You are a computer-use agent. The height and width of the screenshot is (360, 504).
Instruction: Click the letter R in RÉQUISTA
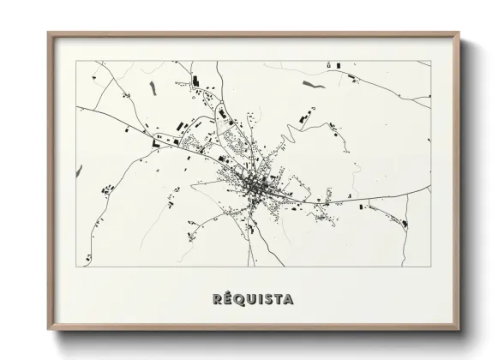216,299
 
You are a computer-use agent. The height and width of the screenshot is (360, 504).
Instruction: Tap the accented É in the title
227,299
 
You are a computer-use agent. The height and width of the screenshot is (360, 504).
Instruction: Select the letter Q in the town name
239,299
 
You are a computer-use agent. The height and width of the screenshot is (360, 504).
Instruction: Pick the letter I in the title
261,299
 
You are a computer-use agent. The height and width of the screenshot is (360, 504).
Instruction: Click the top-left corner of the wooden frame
48,33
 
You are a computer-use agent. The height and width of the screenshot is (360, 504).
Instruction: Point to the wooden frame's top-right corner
459,33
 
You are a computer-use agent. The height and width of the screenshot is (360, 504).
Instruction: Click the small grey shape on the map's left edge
80,171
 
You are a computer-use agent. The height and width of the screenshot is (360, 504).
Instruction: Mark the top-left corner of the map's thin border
76,62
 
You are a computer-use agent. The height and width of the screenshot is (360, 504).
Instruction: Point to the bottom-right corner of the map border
431,267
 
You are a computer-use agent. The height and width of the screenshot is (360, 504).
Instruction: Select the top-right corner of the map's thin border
431,62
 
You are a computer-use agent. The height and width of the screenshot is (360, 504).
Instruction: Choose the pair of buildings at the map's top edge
333,65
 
